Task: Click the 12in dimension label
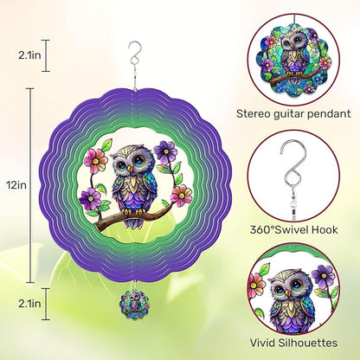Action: (16, 185)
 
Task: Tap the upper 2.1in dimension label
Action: (29, 55)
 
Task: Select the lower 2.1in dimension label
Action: (29, 304)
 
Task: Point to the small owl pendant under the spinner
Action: (135, 304)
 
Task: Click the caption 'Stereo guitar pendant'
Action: (293, 113)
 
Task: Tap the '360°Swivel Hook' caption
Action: (293, 230)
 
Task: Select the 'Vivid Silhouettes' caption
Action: (293, 343)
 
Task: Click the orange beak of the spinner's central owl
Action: (131, 168)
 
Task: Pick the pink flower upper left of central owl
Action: (95, 161)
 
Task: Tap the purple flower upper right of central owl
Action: (165, 152)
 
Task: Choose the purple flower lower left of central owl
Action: (90, 199)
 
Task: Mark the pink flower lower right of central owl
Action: (181, 196)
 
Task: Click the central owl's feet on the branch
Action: (133, 212)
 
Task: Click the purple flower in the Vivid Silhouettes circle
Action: (324, 275)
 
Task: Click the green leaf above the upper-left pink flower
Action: (106, 145)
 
